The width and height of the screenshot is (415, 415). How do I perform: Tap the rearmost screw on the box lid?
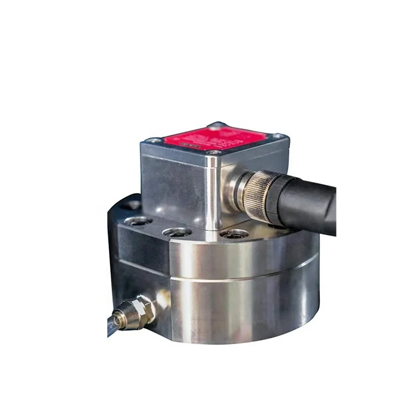pyautogui.click(x=218, y=125)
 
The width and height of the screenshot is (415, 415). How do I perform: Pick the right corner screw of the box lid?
pyautogui.click(x=277, y=136)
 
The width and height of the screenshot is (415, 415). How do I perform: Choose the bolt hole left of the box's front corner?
pyautogui.click(x=177, y=232)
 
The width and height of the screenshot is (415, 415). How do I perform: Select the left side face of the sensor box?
pyautogui.click(x=174, y=183)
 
